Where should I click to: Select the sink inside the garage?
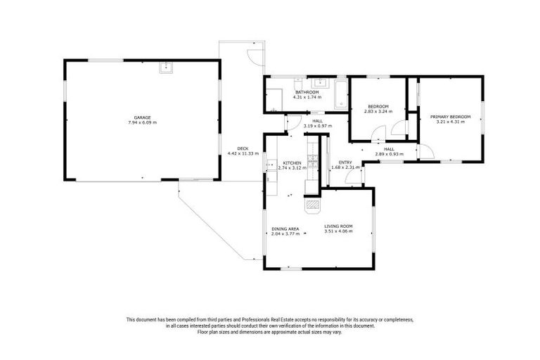point(166,68)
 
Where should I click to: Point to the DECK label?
point(243,148)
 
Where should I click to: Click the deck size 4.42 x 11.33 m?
point(243,153)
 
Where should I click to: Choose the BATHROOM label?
point(307,92)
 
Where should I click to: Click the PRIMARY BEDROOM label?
point(450,117)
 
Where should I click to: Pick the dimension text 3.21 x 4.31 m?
point(450,122)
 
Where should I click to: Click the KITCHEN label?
point(292,163)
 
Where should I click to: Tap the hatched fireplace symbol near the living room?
point(312,205)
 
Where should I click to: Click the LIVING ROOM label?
point(338,226)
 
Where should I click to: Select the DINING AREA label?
point(285,229)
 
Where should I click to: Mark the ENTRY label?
point(345,162)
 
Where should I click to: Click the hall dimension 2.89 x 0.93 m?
point(389,153)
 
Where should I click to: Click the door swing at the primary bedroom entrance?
point(424,150)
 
